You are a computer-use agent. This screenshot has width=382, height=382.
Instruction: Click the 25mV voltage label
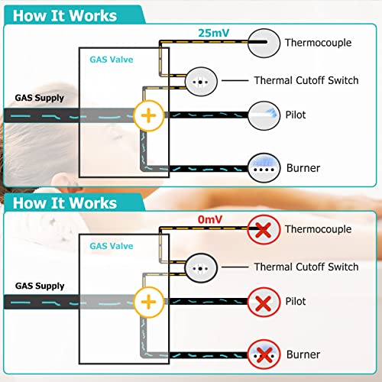(214, 33)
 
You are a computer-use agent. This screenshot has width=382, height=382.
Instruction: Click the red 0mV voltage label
(210, 219)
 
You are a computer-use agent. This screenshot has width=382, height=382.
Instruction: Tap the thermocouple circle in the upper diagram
(264, 43)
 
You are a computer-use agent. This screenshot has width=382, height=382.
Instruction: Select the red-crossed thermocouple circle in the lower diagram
(264, 229)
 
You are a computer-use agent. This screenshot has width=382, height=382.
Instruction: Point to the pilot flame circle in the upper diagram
(264, 116)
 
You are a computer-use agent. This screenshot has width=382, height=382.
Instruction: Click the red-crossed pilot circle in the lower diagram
(264, 303)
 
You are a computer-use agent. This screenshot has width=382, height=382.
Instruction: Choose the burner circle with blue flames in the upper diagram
(264, 168)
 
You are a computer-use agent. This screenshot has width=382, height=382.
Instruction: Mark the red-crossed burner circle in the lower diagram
(264, 354)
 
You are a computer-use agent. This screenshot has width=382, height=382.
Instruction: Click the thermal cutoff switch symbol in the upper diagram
(201, 82)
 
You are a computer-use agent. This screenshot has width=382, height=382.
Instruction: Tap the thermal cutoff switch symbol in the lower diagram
(201, 268)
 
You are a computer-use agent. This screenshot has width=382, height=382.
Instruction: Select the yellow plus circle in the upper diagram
(149, 116)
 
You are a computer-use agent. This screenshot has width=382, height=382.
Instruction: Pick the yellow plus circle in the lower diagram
(149, 303)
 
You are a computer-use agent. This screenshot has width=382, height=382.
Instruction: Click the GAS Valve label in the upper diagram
(112, 60)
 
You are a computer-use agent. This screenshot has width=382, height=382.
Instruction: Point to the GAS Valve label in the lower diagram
(112, 246)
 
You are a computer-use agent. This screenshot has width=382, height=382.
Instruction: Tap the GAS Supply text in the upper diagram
(40, 98)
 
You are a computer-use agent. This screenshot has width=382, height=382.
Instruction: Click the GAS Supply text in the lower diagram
(40, 286)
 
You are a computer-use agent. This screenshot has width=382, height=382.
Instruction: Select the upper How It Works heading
(65, 16)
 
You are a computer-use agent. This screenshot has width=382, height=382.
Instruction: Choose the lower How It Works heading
(65, 203)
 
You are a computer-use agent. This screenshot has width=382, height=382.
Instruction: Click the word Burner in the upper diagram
(303, 168)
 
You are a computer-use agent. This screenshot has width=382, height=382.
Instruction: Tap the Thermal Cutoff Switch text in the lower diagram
(306, 267)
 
